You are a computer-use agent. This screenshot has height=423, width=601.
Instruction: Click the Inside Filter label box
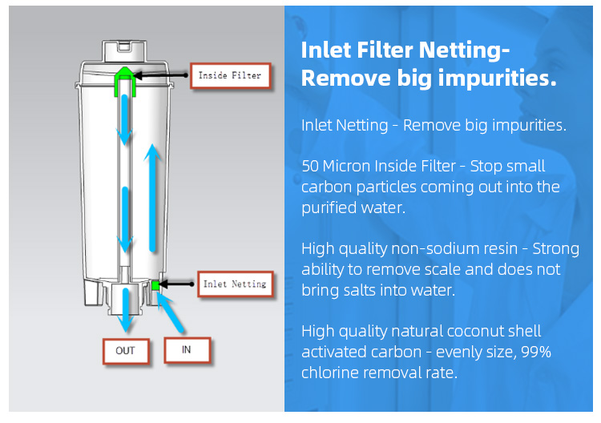pos(230,76)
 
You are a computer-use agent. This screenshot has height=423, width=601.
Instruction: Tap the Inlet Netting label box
pos(236,284)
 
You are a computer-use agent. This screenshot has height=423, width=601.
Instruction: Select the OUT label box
pos(126,351)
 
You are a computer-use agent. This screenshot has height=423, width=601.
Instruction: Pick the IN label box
pos(187,350)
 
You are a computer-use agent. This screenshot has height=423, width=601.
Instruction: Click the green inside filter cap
pos(125,80)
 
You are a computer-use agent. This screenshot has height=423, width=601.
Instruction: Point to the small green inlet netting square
pos(155,285)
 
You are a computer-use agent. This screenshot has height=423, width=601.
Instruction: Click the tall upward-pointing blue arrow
pos(153,198)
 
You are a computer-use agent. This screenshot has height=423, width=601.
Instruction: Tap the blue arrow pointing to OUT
pos(125,309)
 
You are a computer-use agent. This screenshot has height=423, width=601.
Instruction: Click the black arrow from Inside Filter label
pos(161,75)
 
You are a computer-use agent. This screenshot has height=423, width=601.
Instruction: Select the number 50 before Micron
pos(310,167)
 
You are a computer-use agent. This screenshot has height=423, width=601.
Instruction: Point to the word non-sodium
pos(454,248)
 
